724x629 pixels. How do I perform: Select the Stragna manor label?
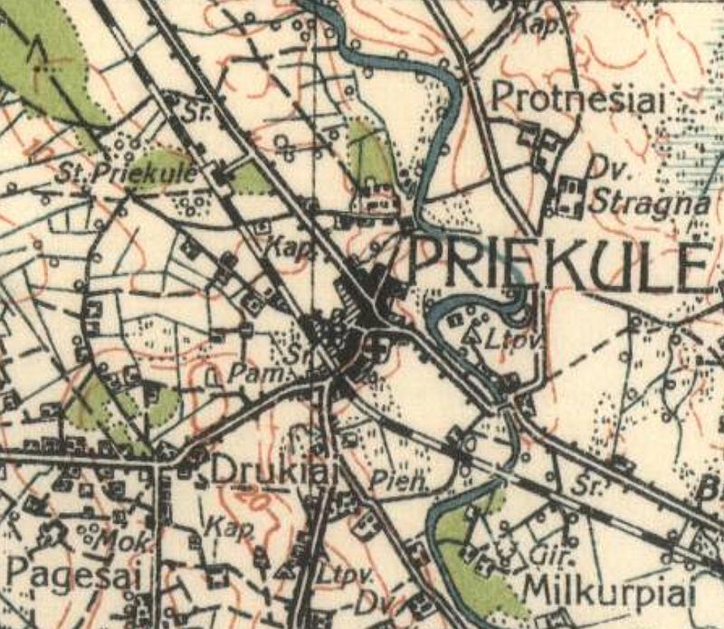click(647, 202)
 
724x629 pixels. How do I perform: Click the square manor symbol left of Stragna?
click(569, 193)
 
